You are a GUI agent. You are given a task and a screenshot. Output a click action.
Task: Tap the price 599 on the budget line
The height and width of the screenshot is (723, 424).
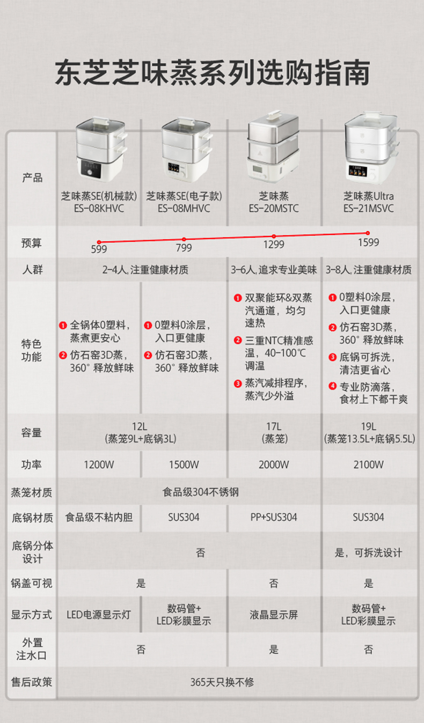tap(99, 249)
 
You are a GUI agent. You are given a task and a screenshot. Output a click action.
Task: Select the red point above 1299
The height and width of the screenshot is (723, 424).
tap(274, 236)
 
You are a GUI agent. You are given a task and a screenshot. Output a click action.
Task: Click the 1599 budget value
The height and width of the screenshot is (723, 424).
tap(368, 242)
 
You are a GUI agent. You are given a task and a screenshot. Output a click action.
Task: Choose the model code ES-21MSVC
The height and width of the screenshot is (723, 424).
tap(368, 209)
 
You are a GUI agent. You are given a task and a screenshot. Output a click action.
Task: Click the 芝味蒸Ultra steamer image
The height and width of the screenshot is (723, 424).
tap(370, 146)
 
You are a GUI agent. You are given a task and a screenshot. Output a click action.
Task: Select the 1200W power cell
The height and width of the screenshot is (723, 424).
tap(99, 464)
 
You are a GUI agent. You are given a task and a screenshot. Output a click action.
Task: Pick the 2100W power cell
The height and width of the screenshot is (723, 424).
tap(368, 464)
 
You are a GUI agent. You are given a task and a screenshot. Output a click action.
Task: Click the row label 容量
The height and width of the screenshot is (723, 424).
tap(32, 432)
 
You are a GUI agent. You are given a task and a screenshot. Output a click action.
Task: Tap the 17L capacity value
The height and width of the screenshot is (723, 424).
tap(274, 427)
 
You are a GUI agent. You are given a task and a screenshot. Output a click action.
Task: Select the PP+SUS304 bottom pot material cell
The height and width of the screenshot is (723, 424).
tap(274, 518)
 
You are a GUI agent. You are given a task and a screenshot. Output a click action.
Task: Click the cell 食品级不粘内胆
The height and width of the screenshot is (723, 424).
tap(99, 518)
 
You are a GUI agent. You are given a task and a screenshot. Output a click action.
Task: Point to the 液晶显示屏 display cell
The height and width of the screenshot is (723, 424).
tap(274, 615)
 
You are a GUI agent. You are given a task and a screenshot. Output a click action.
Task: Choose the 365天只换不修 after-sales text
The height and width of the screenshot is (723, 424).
tap(222, 682)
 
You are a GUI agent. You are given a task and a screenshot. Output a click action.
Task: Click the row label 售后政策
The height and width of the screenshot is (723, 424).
tap(32, 682)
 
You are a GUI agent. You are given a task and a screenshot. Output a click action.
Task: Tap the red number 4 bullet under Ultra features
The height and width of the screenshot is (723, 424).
tap(333, 386)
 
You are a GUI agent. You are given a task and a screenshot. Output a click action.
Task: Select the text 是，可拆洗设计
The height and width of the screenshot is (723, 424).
tap(368, 552)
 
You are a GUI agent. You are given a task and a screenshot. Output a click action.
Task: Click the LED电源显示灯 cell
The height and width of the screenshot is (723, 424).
tap(99, 615)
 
